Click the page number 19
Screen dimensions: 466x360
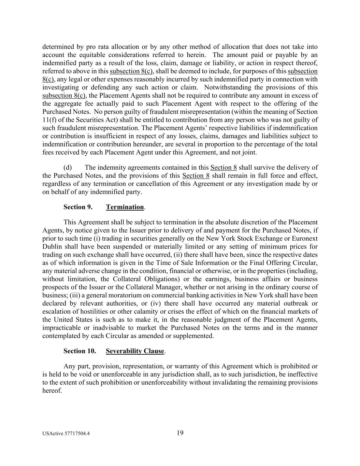(180, 433)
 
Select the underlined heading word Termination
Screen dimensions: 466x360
(125, 207)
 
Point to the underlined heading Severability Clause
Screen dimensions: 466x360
(135, 351)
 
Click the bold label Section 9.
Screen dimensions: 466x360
(78, 207)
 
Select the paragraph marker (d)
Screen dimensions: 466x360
(68, 168)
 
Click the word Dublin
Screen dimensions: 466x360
(53, 246)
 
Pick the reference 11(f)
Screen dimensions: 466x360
(49, 120)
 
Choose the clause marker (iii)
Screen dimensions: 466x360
(72, 295)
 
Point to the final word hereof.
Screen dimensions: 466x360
(52, 391)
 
